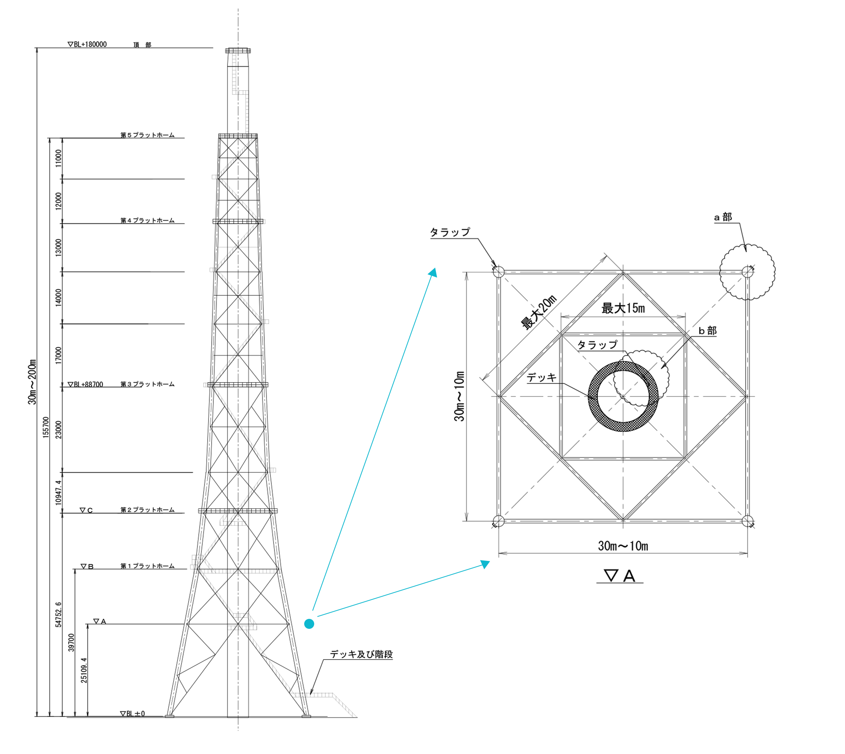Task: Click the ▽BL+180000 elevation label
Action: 88,44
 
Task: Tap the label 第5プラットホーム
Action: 147,135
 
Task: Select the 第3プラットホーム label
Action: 147,384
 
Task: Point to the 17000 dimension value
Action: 58,356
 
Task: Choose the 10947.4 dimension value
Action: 58,493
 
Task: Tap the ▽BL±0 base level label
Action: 133,713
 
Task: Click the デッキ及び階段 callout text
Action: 361,654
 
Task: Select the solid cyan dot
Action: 309,623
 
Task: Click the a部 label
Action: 723,217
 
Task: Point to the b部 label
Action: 707,331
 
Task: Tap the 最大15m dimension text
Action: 623,308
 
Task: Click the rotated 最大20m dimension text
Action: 538,313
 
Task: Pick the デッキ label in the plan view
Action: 541,377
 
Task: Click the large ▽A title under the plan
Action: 620,576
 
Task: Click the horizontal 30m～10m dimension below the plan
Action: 623,546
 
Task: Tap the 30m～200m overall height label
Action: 32,382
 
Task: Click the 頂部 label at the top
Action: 142,45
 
